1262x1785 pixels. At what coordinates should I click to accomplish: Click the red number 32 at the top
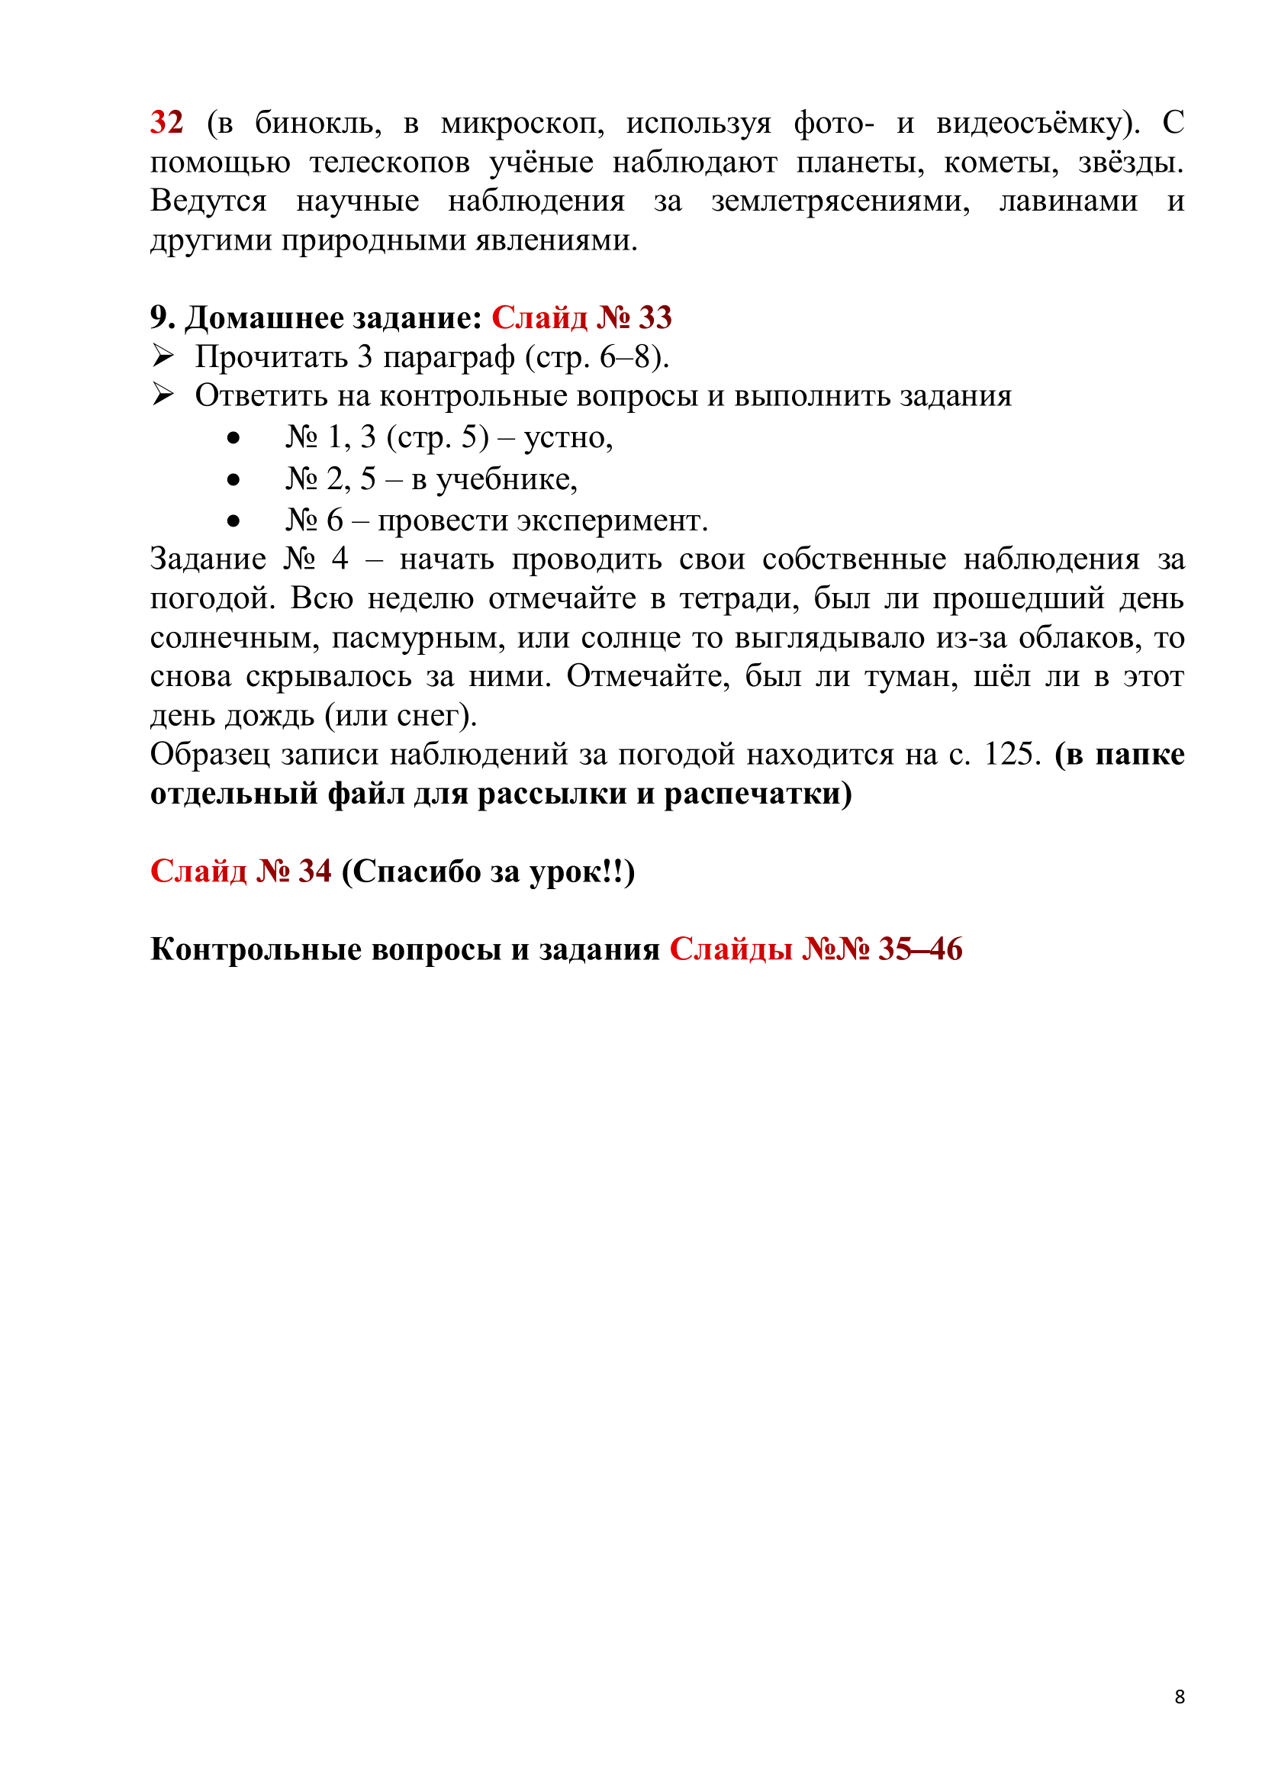166,123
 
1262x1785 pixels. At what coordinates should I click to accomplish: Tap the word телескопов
389,163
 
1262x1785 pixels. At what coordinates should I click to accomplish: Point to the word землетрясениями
840,201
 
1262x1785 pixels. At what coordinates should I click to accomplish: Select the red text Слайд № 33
581,317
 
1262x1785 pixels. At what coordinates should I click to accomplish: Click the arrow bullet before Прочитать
163,357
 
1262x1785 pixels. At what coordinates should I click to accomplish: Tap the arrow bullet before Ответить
163,396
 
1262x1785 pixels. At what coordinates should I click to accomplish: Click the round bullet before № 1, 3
233,440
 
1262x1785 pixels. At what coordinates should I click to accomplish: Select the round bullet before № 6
233,522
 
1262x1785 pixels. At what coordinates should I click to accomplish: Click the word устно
567,438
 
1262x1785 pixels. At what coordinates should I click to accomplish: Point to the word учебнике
506,479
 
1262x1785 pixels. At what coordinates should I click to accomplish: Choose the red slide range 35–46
920,949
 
